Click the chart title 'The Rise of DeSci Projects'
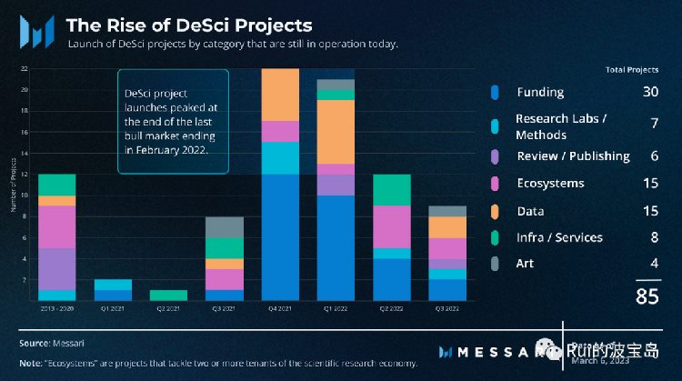189,25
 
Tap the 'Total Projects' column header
631,70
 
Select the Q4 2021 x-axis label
279,308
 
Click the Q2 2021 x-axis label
169,308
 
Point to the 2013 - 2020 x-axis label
57,308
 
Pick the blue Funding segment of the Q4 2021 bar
279,236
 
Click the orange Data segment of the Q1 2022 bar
335,132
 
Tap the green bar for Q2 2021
169,295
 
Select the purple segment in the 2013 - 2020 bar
57,268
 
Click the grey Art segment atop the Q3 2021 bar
225,227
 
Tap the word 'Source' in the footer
32,343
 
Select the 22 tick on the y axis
25,69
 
